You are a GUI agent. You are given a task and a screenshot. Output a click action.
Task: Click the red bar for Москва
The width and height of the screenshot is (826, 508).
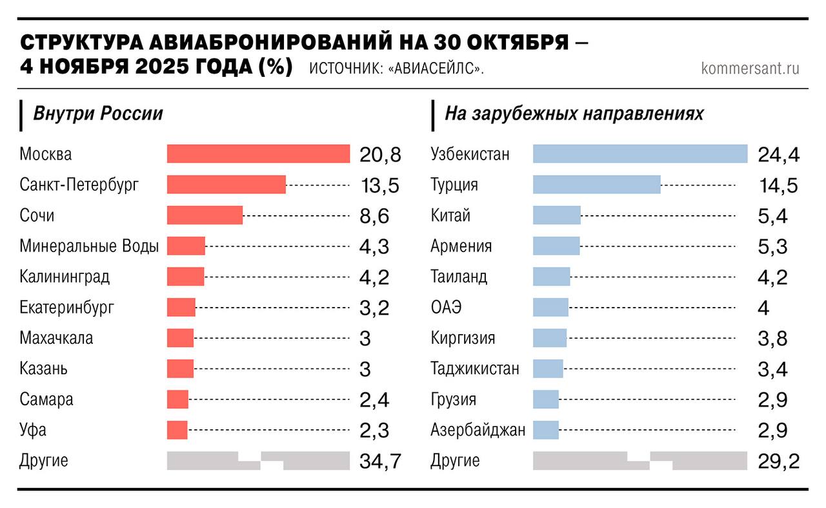click(258, 154)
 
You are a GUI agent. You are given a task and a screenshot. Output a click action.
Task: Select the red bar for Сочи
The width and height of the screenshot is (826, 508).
click(205, 215)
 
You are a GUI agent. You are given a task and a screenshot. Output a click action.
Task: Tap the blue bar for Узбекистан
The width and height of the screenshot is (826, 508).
click(640, 154)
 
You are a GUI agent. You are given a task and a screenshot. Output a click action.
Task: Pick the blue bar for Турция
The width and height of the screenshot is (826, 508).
click(596, 184)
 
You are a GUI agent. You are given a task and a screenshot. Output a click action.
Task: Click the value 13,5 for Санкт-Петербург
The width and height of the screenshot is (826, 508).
click(379, 185)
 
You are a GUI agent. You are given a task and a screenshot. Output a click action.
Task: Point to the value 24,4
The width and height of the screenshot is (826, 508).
click(778, 155)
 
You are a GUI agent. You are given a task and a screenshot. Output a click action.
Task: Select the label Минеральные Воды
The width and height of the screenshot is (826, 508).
click(89, 246)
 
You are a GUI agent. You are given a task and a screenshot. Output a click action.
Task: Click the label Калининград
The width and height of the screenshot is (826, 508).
click(65, 277)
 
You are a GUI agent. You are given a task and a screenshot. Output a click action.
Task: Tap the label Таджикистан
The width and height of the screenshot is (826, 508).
click(474, 368)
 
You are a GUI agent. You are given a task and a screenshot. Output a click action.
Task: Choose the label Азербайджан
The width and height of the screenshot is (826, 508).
click(478, 429)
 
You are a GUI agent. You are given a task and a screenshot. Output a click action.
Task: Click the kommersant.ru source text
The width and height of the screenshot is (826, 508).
click(750, 69)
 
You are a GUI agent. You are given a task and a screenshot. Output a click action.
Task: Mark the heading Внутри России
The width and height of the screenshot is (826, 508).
click(97, 114)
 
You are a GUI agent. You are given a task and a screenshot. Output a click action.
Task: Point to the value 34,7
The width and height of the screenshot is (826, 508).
click(380, 461)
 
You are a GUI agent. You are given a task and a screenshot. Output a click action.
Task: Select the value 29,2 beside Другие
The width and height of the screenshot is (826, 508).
click(778, 461)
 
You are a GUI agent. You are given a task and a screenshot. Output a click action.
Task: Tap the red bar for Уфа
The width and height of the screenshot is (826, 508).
click(177, 430)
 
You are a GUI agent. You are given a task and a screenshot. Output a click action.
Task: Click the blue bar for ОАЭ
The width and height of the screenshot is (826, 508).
click(550, 307)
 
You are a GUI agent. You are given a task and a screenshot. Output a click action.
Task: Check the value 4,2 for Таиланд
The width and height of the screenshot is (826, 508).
click(773, 277)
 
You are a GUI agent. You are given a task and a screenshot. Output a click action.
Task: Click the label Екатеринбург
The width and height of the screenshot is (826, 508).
click(67, 307)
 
